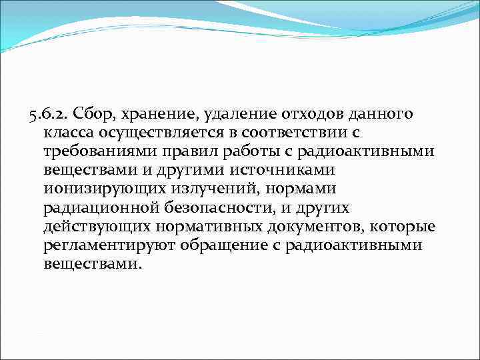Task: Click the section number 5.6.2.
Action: click(x=50, y=114)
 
